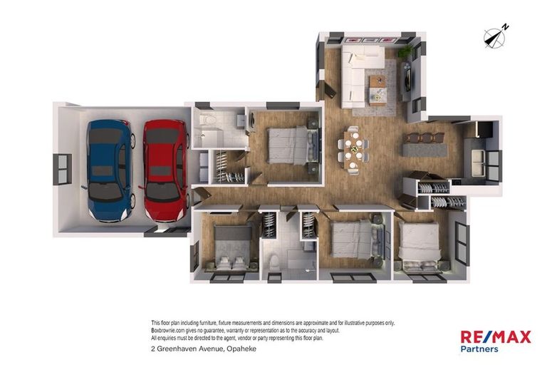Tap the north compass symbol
[x=496, y=36]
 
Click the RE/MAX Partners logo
[x=496, y=341]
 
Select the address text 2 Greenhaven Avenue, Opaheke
[x=204, y=349]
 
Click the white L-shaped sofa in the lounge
[x=359, y=75]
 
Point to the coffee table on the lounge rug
[x=378, y=90]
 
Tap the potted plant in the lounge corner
[x=405, y=52]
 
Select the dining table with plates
[x=353, y=150]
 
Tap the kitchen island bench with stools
[x=424, y=146]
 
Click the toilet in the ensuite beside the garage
[x=207, y=120]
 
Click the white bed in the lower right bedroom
[x=419, y=247]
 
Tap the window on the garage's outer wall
[x=63, y=170]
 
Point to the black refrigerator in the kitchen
[x=484, y=130]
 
